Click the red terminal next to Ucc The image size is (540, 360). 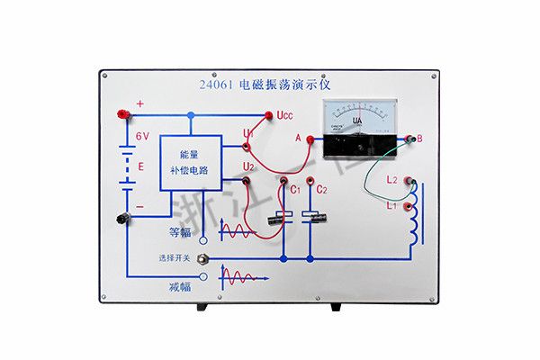(x=269, y=114)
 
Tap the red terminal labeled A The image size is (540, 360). (x=310, y=139)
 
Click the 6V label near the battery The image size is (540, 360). (x=142, y=136)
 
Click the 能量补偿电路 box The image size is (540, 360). (x=192, y=163)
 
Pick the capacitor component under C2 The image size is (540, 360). (x=311, y=216)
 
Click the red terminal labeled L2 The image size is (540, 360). (x=410, y=180)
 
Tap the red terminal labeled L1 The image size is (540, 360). (x=410, y=205)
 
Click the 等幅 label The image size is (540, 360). (x=180, y=233)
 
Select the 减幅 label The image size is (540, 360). (x=180, y=287)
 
